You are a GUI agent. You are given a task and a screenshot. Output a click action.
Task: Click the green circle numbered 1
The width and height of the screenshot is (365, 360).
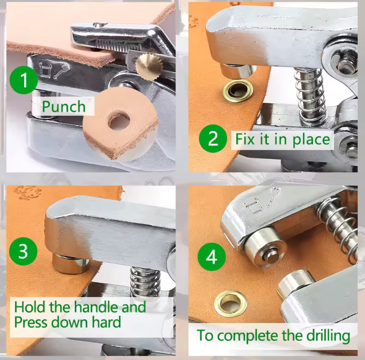pyautogui.click(x=24, y=80)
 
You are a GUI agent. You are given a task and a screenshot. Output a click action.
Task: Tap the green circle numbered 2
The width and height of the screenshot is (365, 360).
pyautogui.click(x=213, y=139)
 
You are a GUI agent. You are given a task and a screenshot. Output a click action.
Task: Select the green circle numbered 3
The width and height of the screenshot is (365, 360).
pyautogui.click(x=23, y=252)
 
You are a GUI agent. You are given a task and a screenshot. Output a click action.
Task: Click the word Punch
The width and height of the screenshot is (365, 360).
pyautogui.click(x=64, y=107)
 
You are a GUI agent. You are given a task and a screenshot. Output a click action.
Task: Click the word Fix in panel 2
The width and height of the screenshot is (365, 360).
pyautogui.click(x=246, y=139)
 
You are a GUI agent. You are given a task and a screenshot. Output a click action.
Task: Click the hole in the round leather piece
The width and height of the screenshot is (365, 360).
pyautogui.click(x=119, y=122)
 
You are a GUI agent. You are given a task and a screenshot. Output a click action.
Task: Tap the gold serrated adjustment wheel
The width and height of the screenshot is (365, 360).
pyautogui.click(x=149, y=66)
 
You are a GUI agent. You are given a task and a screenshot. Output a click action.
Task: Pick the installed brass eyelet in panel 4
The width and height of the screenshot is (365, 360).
pyautogui.click(x=230, y=303)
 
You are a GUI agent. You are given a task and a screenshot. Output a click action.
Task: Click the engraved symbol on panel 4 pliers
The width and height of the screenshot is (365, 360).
pyautogui.click(x=263, y=201)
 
